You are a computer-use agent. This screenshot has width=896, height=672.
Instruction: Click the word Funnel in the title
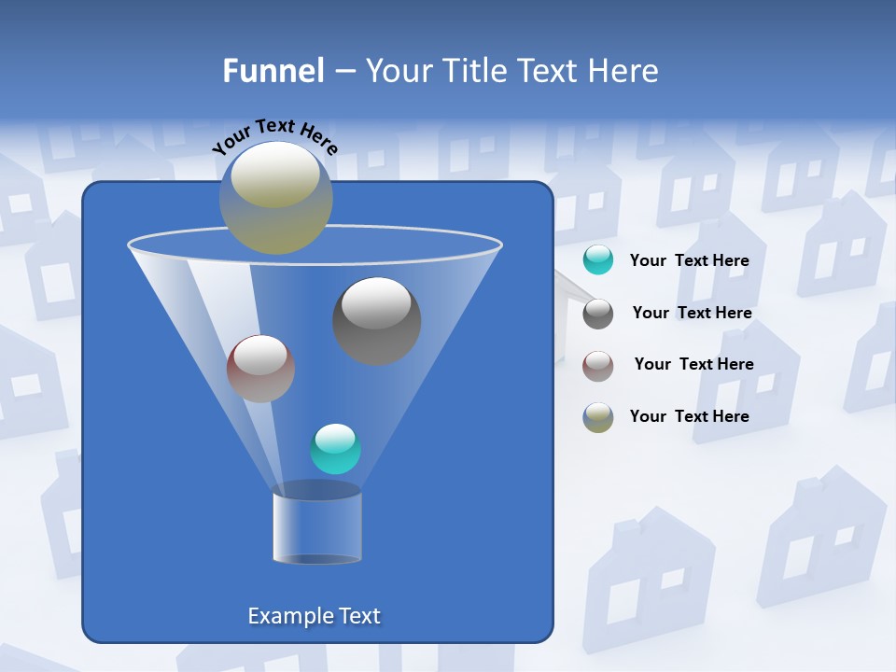(x=273, y=71)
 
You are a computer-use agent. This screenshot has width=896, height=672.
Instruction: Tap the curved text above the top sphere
(x=274, y=136)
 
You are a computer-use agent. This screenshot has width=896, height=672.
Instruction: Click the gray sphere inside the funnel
(x=376, y=322)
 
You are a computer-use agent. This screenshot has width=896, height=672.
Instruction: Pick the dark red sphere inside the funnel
(x=260, y=370)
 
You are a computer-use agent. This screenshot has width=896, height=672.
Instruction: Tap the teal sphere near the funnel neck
(x=335, y=450)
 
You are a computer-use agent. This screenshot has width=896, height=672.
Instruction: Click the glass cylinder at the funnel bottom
(x=316, y=528)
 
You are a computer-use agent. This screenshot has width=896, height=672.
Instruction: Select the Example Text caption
(x=315, y=616)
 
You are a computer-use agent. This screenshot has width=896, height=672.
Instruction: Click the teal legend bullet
(x=598, y=260)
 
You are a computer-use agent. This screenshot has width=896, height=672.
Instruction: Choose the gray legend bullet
(x=598, y=314)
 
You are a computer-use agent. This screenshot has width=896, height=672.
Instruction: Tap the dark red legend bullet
(x=598, y=366)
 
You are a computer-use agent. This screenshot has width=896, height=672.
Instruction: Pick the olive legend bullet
(x=598, y=417)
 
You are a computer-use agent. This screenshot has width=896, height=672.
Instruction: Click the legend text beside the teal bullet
(x=689, y=261)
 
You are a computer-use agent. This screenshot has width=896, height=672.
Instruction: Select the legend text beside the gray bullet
(x=692, y=314)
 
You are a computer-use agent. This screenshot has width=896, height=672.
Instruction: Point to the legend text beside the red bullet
(x=693, y=365)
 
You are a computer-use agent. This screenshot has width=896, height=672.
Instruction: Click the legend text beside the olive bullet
(x=689, y=416)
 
